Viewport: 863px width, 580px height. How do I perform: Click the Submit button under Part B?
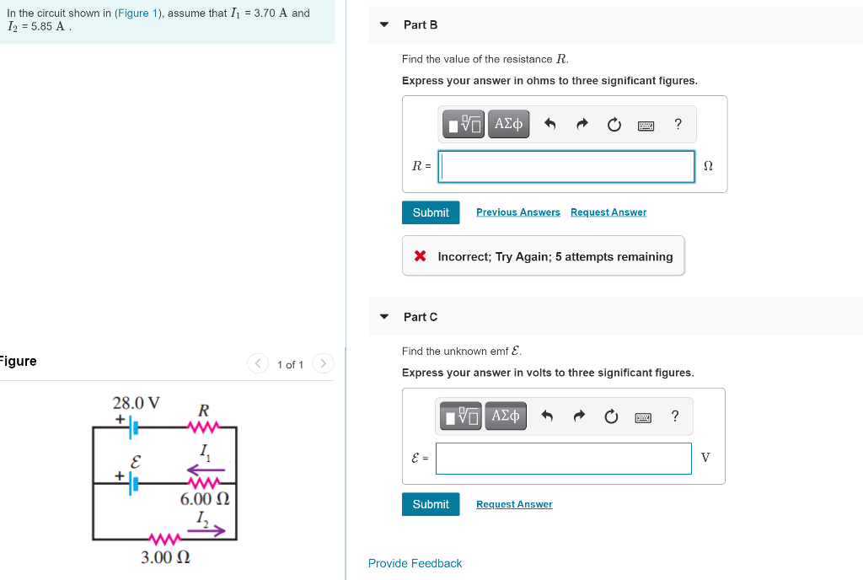coord(431,212)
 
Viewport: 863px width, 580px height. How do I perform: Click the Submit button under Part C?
coord(431,504)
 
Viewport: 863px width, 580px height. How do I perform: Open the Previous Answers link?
coord(517,212)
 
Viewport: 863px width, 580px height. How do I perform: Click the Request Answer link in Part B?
coord(608,212)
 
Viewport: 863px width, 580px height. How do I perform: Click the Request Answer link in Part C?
coord(514,504)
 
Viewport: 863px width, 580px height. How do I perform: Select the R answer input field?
coord(566,166)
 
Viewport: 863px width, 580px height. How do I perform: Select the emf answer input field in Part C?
coord(563,459)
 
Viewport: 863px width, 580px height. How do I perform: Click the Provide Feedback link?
coord(415,563)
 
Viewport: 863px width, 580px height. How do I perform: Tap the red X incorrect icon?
coord(420,256)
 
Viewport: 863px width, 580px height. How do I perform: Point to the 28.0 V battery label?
coord(137,402)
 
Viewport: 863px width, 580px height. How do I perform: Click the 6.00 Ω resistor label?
coord(205,499)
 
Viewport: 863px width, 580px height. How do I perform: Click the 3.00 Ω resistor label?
coord(165,557)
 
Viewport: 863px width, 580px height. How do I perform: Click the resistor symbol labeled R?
coord(204,427)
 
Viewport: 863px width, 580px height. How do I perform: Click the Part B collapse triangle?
coord(384,24)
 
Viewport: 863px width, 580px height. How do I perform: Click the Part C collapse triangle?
coord(384,317)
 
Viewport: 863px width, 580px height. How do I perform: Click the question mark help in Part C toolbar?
coord(674,416)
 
